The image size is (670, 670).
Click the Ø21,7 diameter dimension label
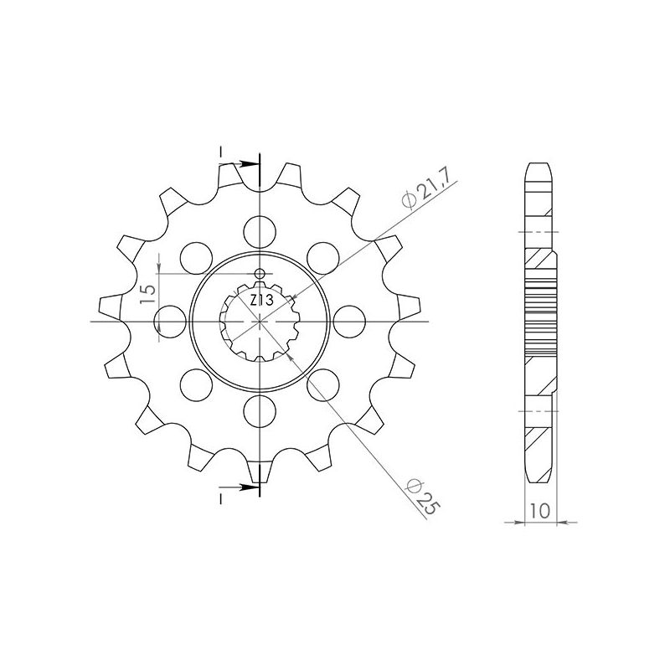click(x=424, y=188)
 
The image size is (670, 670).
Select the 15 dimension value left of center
click(x=147, y=294)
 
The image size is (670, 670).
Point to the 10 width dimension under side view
click(x=540, y=510)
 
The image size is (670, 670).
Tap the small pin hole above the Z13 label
click(x=260, y=275)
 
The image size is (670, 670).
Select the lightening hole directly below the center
click(x=260, y=410)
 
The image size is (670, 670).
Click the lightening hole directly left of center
click(x=169, y=320)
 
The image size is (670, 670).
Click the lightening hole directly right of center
click(x=350, y=320)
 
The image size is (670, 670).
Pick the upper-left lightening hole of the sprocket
click(x=196, y=255)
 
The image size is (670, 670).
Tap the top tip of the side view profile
click(x=539, y=162)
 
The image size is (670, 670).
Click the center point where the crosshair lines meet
click(x=260, y=320)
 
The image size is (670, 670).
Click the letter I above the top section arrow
click(x=220, y=152)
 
